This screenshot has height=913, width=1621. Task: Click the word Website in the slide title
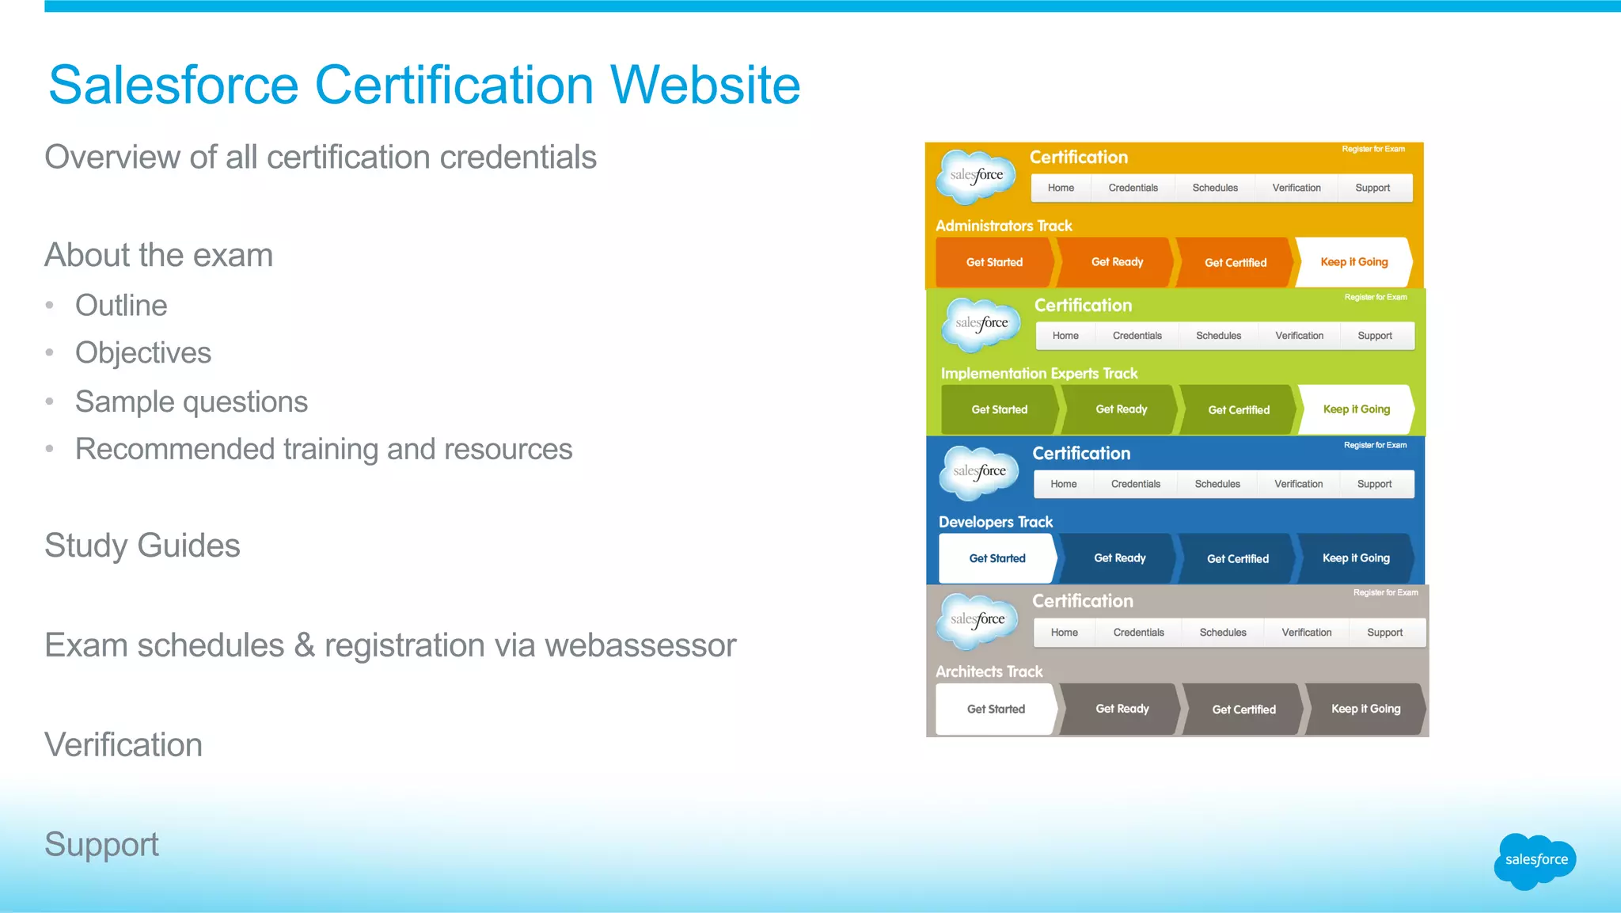[704, 85]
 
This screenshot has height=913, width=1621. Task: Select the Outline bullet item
[121, 306]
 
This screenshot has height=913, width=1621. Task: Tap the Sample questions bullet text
[192, 402]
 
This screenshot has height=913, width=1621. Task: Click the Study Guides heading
[142, 546]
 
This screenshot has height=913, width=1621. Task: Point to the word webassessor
[640, 645]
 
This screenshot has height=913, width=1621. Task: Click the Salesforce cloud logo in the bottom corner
[1535, 861]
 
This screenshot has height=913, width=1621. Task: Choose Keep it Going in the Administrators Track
[1353, 262]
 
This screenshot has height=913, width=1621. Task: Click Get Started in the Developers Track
[997, 558]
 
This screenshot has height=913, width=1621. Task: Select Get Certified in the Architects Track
[1243, 709]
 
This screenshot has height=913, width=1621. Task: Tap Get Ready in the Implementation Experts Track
[1121, 409]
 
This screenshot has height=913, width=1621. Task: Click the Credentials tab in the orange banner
[1133, 188]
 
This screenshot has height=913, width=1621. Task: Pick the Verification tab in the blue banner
[1298, 484]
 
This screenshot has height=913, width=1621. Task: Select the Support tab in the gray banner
[1384, 633]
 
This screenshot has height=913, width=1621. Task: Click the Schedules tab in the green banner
[1218, 336]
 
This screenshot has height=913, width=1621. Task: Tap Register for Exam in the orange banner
[1372, 149]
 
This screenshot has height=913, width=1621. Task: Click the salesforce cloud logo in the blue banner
[979, 472]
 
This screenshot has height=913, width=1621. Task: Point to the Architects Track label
[989, 671]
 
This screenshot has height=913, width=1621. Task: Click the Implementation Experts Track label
[1038, 373]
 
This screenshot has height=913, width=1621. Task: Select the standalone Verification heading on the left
[123, 745]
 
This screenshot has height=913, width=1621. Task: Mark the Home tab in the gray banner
[1064, 633]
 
